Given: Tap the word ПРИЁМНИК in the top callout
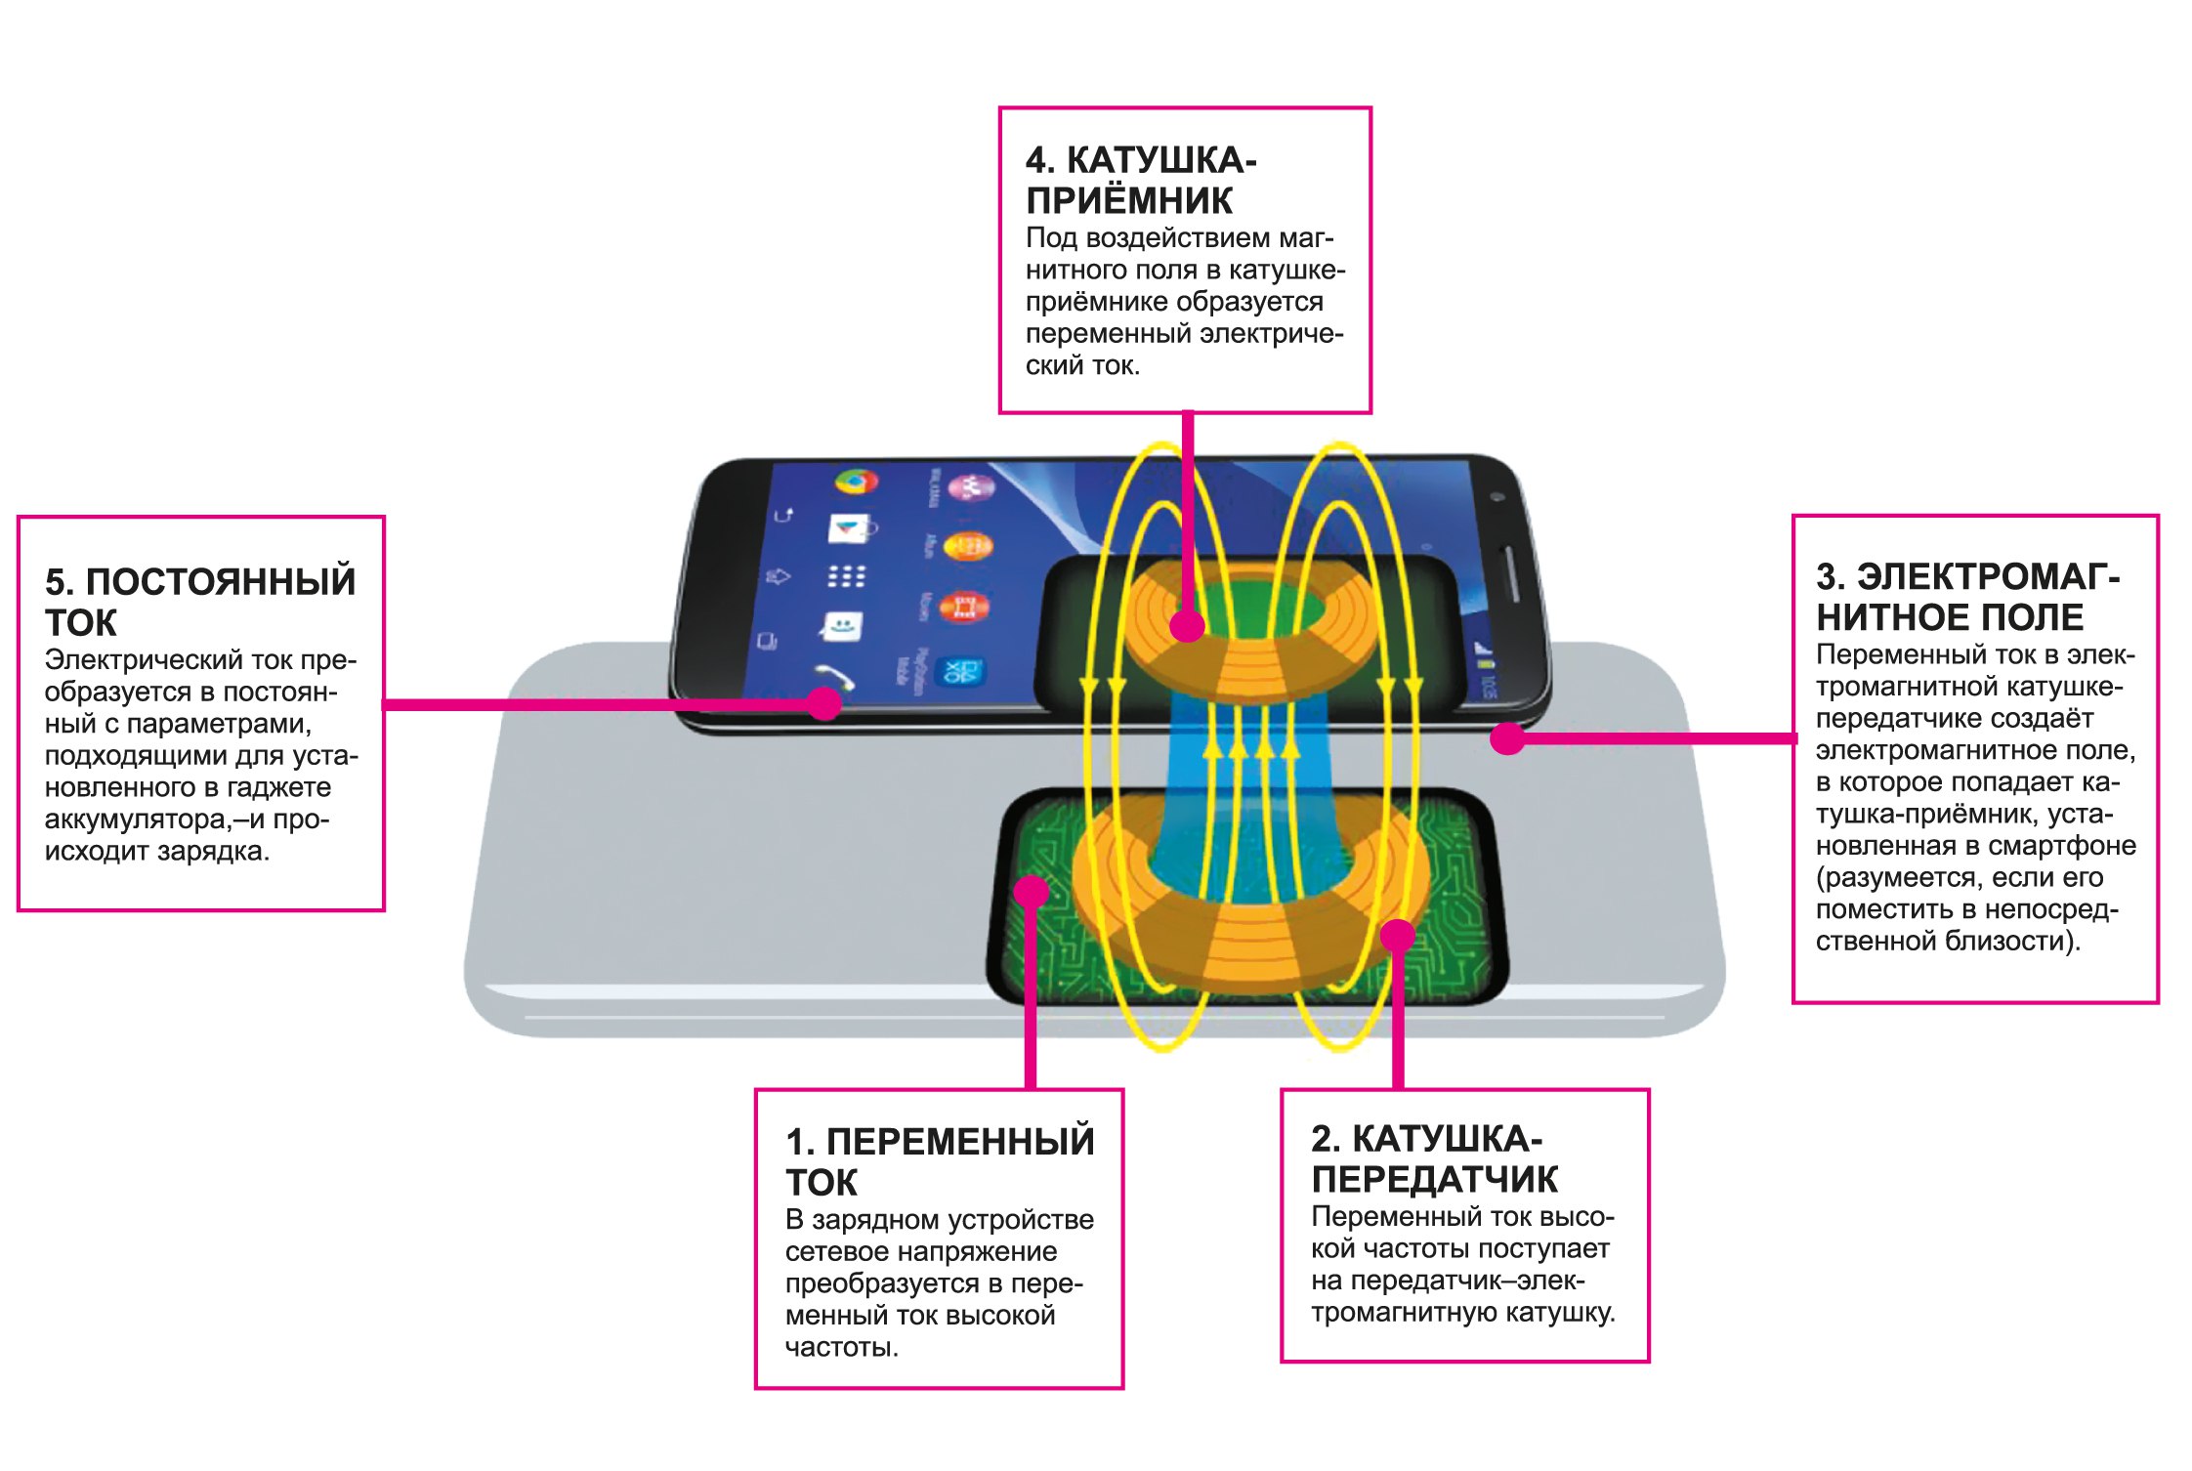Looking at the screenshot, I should point(1129,201).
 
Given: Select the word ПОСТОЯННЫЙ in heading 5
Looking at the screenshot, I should point(221,581).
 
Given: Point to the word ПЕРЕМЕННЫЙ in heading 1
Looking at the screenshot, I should point(960,1142).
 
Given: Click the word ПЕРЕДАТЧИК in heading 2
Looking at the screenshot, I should point(1434,1180).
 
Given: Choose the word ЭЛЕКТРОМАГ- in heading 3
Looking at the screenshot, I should point(1988,577).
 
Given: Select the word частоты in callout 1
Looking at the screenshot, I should point(841,1348).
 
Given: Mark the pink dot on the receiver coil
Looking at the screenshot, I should point(1187,625).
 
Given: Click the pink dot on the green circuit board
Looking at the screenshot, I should point(1031,891).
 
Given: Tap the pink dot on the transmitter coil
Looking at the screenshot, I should point(1398,935).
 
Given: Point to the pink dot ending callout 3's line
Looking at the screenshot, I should point(1507,738).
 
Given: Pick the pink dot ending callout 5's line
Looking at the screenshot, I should point(825,703).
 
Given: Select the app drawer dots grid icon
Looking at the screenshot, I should point(846,576).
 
